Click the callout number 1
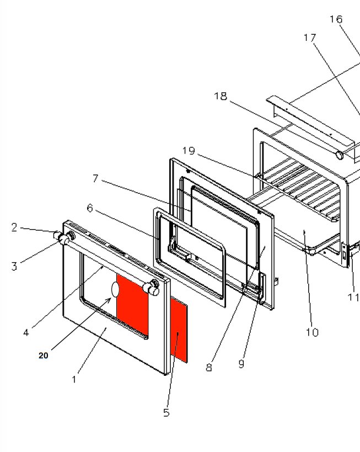(x=74, y=380)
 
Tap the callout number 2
(x=14, y=227)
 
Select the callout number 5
(x=166, y=413)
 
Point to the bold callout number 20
(x=44, y=355)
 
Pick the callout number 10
(x=312, y=332)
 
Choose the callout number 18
(x=221, y=96)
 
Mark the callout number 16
(x=336, y=19)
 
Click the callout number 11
(x=353, y=297)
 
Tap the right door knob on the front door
(x=150, y=286)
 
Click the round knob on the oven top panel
(x=340, y=156)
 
